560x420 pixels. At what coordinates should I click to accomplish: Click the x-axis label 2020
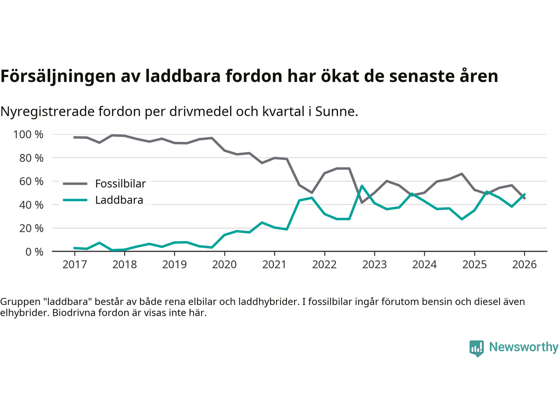click(x=224, y=264)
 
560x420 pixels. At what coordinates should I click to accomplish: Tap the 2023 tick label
click(x=374, y=264)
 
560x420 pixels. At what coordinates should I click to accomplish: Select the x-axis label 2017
click(x=75, y=264)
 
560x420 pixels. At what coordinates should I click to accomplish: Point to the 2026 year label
click(x=524, y=264)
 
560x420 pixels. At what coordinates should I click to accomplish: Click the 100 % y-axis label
click(x=28, y=134)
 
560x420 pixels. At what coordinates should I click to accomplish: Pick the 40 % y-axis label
click(x=31, y=205)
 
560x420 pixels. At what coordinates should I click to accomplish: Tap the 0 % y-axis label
click(x=34, y=252)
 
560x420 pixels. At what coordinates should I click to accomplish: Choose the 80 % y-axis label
click(x=31, y=158)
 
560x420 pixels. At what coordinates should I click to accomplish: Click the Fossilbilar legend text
click(x=120, y=184)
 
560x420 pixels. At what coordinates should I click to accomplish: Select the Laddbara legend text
click(x=119, y=200)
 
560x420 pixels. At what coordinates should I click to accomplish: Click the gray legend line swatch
click(x=75, y=184)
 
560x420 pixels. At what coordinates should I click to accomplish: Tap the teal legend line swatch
click(x=75, y=200)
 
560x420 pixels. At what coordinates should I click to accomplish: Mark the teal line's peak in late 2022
click(x=362, y=186)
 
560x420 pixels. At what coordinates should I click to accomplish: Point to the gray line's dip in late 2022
click(x=362, y=202)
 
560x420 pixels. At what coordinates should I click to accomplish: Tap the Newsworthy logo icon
click(x=476, y=348)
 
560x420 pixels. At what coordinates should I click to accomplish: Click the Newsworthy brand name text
click(x=523, y=347)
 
